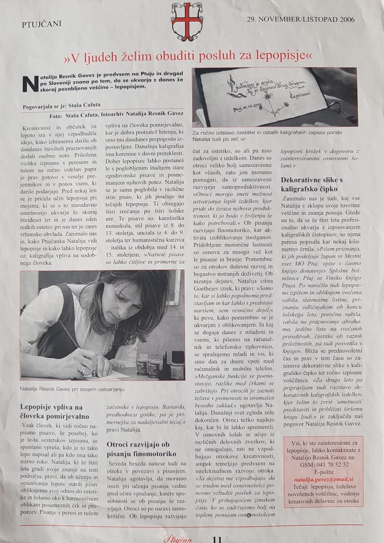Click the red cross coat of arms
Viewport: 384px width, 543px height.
[187, 21]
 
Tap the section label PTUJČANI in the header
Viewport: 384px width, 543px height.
[42, 24]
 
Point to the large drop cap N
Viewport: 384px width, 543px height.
[31, 84]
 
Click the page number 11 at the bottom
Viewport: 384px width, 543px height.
[216, 538]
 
